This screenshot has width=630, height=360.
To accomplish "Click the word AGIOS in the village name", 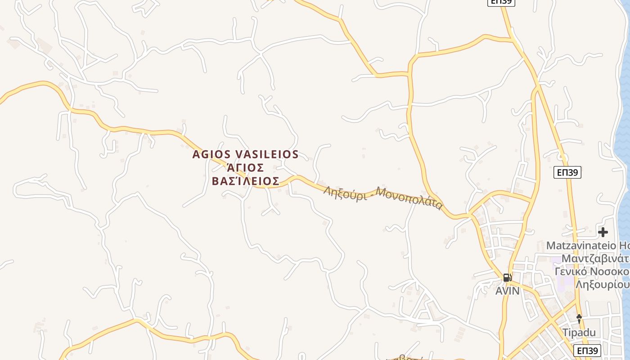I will [212, 154].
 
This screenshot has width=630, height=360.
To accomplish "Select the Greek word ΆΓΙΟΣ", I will [245, 168].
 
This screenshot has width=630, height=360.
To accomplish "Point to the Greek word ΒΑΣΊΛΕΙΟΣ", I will [245, 181].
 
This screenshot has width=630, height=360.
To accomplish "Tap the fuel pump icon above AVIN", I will [507, 278].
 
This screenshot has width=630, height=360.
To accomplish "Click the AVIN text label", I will [507, 291].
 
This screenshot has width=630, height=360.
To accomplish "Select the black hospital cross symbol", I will [603, 232].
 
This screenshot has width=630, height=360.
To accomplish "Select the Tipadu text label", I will [579, 333].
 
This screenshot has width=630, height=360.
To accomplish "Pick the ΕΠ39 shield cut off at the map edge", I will [501, 2].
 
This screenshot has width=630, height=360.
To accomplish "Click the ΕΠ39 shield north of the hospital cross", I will [567, 172].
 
